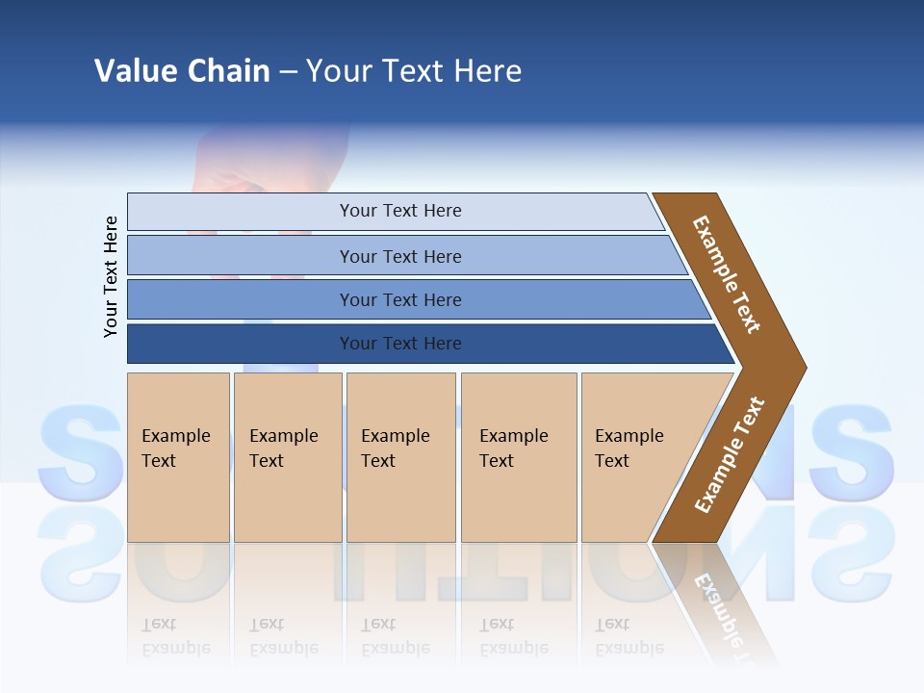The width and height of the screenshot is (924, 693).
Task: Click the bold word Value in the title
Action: point(134,71)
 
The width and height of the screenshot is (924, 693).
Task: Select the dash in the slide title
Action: point(288,72)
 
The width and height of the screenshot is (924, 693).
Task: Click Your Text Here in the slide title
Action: point(414,71)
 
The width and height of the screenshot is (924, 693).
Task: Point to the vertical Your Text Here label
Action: point(111,277)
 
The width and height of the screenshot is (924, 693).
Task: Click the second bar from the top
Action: point(399,256)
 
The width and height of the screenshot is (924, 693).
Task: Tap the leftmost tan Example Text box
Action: point(178,456)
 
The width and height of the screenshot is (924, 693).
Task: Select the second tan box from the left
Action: point(288,456)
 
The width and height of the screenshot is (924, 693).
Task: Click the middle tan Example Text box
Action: point(400,456)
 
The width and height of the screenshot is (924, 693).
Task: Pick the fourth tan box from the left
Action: point(519,456)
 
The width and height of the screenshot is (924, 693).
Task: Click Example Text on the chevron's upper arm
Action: point(727,274)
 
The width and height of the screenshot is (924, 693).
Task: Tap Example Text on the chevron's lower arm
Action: point(730,455)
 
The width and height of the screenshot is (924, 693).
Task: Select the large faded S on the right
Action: point(851,448)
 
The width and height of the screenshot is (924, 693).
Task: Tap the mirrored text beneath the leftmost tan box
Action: point(176,636)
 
